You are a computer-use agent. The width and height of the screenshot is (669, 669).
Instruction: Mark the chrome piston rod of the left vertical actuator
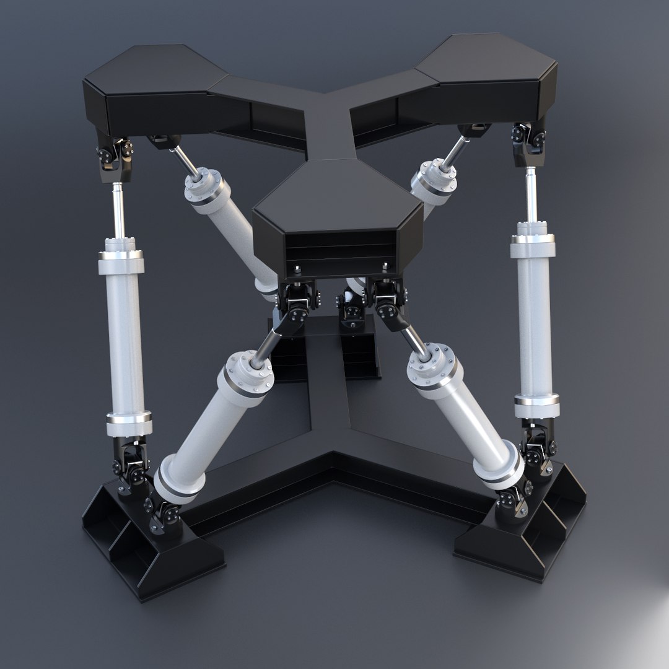point(118,211)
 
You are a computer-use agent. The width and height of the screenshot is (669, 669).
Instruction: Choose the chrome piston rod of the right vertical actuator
point(531,198)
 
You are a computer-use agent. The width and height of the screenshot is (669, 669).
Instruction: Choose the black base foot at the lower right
point(527,533)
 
